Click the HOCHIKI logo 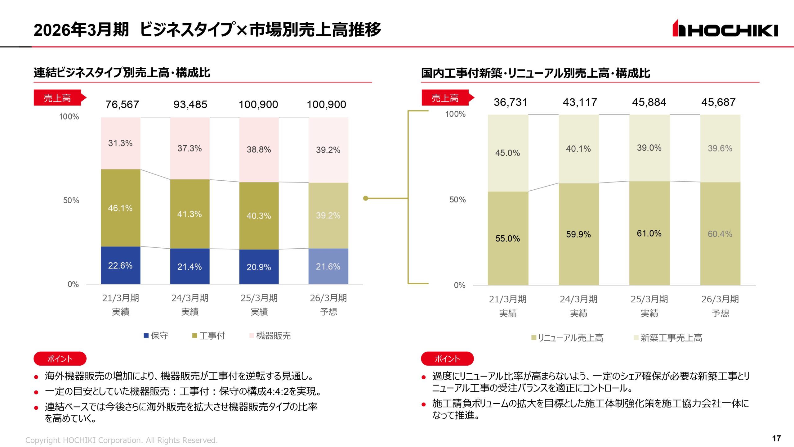point(725,29)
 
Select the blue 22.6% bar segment point(120,265)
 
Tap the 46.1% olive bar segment point(120,208)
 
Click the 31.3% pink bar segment point(120,143)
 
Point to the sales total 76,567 point(122,104)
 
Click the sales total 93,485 point(190,104)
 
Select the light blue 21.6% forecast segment point(328,266)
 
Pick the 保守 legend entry point(156,336)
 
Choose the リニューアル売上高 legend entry point(568,338)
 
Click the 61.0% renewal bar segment point(649,233)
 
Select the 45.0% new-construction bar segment point(507,153)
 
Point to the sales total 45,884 point(649,102)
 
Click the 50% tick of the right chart point(457,200)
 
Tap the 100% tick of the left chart point(69,117)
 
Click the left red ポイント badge point(60,359)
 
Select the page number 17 point(776,438)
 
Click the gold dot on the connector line point(366,198)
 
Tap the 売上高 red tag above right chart point(445,98)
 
